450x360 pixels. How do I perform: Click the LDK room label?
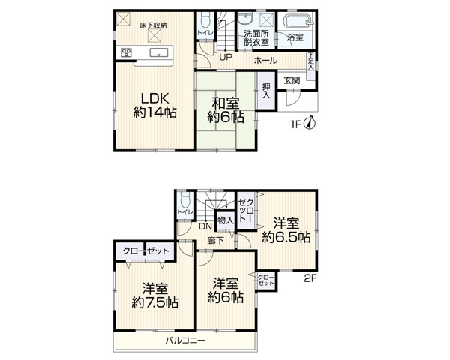pyautogui.click(x=154, y=99)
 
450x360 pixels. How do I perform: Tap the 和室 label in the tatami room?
pyautogui.click(x=226, y=103)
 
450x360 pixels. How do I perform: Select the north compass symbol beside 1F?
pyautogui.click(x=310, y=123)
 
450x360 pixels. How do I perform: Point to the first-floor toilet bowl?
pyautogui.click(x=205, y=21)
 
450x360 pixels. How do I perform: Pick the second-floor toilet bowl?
pyautogui.click(x=185, y=199)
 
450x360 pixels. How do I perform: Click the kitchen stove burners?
pyautogui.click(x=126, y=52)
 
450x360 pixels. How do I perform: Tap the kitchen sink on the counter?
pyautogui.click(x=159, y=52)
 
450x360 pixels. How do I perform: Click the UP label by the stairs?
pyautogui.click(x=226, y=57)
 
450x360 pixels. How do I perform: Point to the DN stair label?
pyautogui.click(x=205, y=226)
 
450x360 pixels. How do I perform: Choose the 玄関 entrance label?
pyautogui.click(x=292, y=80)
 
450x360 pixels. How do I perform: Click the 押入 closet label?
pyautogui.click(x=266, y=91)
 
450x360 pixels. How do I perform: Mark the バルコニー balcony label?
pyautogui.click(x=185, y=340)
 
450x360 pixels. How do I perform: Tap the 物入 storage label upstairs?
pyautogui.click(x=226, y=220)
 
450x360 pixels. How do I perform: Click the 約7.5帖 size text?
pyautogui.click(x=155, y=302)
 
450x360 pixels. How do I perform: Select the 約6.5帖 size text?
pyautogui.click(x=286, y=238)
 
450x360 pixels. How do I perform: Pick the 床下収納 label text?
pyautogui.click(x=154, y=25)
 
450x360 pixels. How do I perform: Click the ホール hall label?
pyautogui.click(x=265, y=60)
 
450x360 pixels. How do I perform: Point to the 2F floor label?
pyautogui.click(x=310, y=278)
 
